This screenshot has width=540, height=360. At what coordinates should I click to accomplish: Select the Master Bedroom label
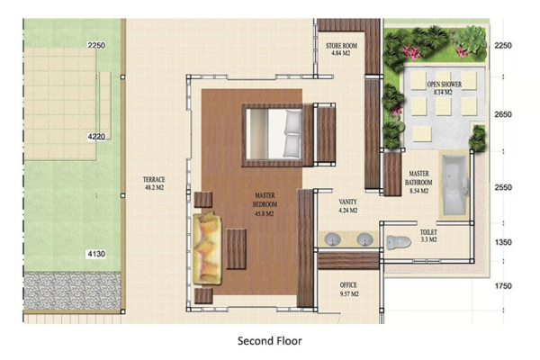click(265, 204)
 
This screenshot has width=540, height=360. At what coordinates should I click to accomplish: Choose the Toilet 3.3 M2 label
click(428, 236)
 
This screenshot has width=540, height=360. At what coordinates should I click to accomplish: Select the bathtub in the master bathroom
click(453, 186)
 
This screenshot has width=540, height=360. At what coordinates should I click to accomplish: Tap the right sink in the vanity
click(364, 240)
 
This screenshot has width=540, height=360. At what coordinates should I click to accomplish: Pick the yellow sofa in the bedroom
click(206, 245)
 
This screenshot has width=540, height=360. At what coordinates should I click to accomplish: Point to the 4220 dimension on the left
click(96, 137)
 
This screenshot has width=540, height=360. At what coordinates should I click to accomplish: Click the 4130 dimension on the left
click(96, 255)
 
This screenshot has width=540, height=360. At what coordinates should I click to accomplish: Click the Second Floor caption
click(269, 341)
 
